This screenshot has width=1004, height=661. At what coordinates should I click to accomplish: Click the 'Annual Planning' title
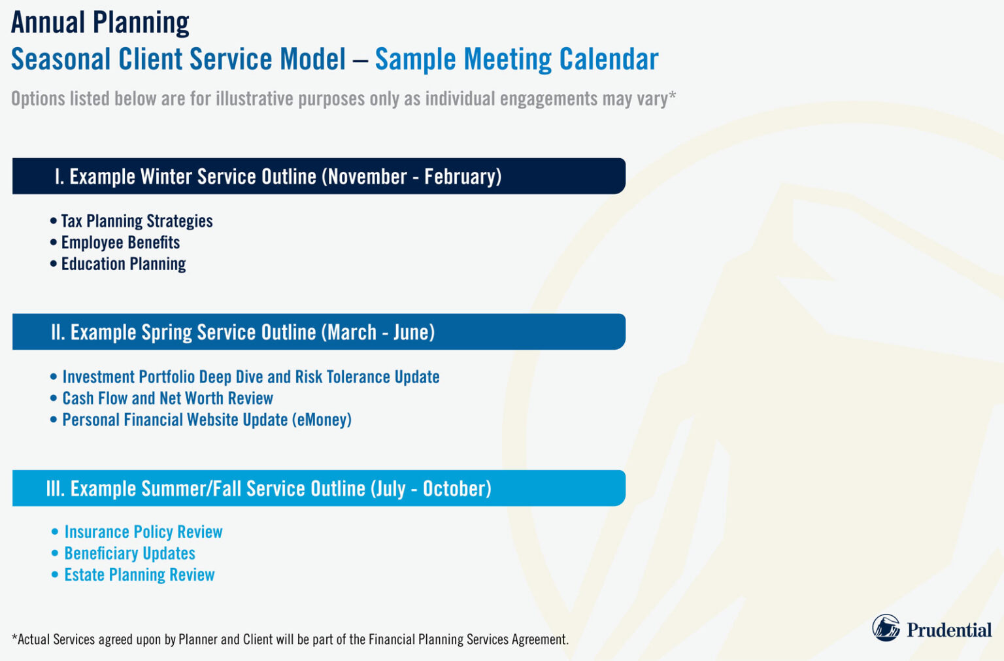click(x=100, y=23)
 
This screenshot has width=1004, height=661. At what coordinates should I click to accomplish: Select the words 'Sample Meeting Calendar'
click(x=516, y=59)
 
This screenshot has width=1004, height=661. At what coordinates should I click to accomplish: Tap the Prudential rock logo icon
click(x=886, y=628)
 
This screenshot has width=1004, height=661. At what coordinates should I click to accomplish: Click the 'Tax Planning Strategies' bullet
click(x=137, y=221)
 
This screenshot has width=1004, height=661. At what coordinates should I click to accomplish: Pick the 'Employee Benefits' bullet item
click(x=120, y=243)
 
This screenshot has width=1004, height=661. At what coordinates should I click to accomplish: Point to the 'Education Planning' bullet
click(x=123, y=264)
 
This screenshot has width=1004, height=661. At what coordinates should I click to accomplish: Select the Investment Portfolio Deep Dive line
click(x=250, y=377)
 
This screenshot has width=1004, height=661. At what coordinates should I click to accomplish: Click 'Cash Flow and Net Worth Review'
click(x=167, y=398)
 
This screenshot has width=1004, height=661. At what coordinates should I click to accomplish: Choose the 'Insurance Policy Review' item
click(x=143, y=532)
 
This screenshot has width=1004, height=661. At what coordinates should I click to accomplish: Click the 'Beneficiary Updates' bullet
click(x=129, y=554)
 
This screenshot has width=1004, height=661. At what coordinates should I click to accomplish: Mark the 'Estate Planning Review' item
click(x=139, y=575)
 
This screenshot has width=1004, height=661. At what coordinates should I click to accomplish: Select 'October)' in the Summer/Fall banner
click(x=457, y=488)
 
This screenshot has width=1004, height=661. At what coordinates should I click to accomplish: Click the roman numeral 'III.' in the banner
click(x=55, y=488)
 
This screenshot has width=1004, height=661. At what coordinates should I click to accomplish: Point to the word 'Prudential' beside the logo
click(x=948, y=630)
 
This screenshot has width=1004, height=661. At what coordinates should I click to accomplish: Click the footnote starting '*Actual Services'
click(x=290, y=639)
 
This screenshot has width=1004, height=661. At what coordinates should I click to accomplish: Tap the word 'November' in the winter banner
click(x=367, y=177)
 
